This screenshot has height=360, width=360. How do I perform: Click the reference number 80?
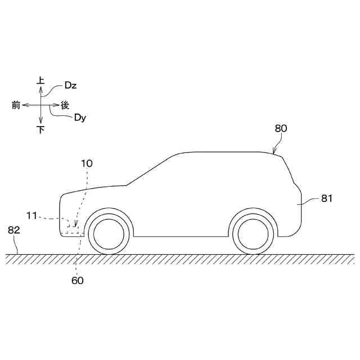point(281,128)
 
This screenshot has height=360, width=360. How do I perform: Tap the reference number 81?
point(327,198)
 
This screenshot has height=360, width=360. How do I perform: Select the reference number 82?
point(14,229)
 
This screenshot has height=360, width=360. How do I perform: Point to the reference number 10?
point(87,164)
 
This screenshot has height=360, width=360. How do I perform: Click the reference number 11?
point(31,215)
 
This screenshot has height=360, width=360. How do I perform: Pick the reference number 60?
point(78,280)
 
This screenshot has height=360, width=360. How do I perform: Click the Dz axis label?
point(71,85)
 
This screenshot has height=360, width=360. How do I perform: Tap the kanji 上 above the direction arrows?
point(40,81)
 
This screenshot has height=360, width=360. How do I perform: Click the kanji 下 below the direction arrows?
point(40,130)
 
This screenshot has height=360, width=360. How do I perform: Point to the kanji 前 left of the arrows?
point(16,105)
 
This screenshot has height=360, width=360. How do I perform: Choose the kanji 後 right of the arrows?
point(65,105)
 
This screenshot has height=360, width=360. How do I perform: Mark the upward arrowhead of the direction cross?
point(40,89)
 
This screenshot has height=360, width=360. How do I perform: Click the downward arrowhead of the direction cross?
point(40,121)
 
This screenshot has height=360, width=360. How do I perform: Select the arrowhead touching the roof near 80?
point(273,152)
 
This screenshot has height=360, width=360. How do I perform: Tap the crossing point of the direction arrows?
point(40,105)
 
